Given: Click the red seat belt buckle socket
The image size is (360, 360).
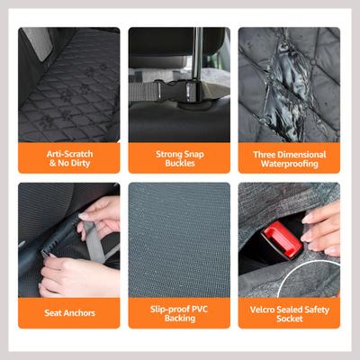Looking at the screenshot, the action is [x=281, y=240].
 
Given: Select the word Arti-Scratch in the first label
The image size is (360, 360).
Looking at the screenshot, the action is [x=69, y=154].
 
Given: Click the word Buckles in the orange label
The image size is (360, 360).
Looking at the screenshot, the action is [x=180, y=163].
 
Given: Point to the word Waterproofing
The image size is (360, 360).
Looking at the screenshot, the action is [x=290, y=164].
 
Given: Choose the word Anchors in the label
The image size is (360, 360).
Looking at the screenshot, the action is [x=79, y=313].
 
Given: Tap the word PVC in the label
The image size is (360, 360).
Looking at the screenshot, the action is [x=200, y=309].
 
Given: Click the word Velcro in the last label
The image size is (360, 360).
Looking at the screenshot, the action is [x=261, y=310].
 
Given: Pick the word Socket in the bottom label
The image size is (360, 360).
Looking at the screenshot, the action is [x=290, y=319].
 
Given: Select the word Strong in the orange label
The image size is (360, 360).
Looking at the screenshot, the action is [x=167, y=154].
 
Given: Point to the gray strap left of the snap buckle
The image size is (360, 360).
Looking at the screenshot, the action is [x=143, y=91].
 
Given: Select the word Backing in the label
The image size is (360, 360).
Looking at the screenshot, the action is [x=180, y=319].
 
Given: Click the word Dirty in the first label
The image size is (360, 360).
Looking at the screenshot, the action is [x=79, y=164].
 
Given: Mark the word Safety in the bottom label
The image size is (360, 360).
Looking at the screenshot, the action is [x=317, y=310].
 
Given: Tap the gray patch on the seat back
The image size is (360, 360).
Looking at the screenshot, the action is [x=38, y=42].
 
